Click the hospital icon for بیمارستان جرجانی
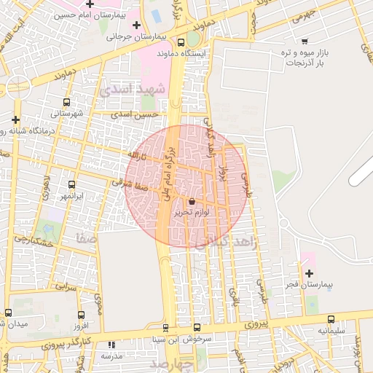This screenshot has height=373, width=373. [136, 25]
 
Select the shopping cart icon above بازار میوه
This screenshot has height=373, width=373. [304, 41]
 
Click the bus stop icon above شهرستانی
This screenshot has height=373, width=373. [67, 103]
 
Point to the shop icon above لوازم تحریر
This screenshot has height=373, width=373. [192, 201]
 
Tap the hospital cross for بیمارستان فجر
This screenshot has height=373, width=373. [309, 272]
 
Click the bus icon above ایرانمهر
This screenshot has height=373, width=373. [71, 185]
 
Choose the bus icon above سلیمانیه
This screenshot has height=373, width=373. [331, 319]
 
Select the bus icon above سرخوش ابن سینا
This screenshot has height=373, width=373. [196, 328]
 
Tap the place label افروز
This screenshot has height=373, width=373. [80, 325]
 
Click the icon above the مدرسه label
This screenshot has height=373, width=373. [111, 345]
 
